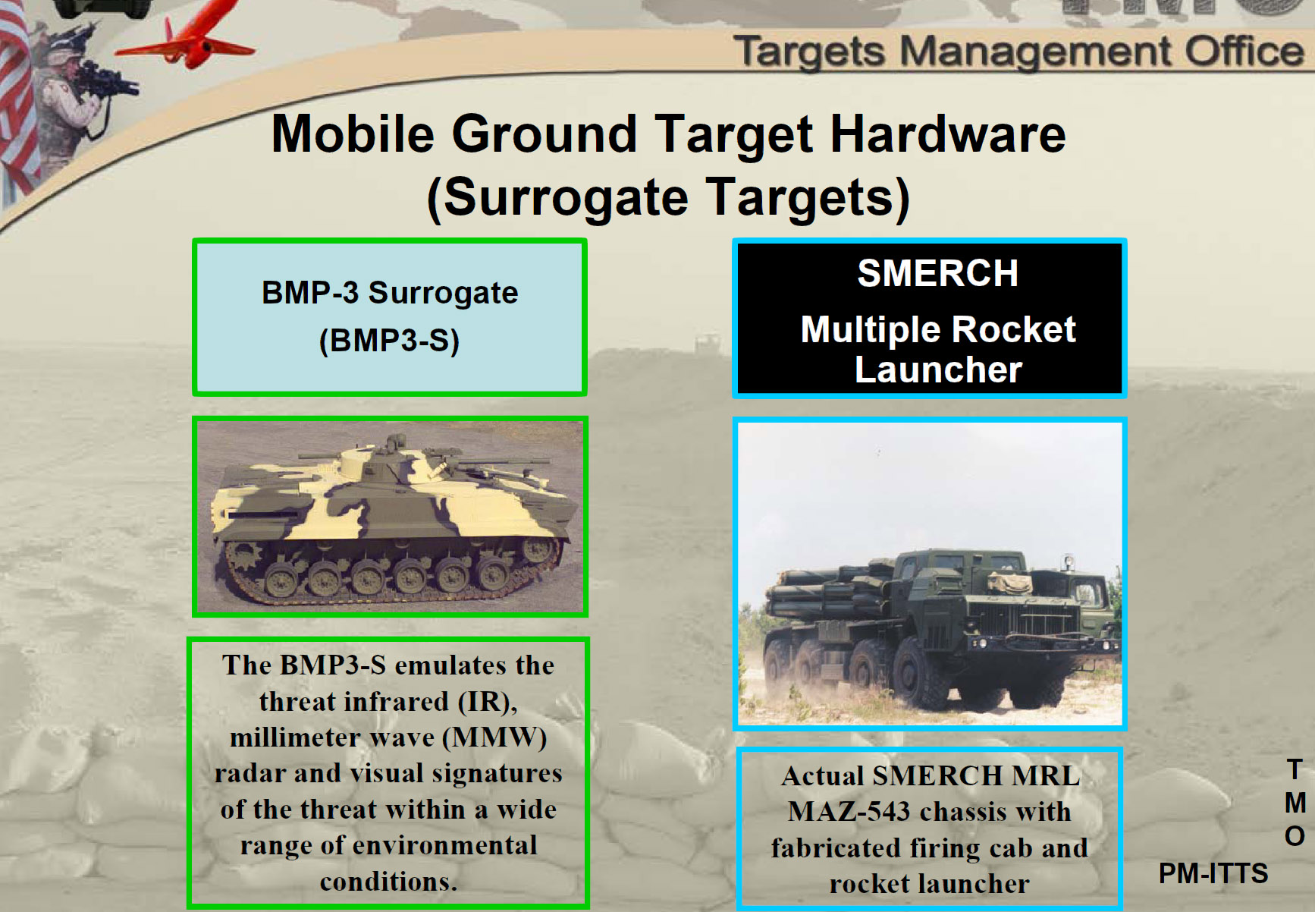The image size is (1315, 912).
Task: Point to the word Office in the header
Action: point(1244,52)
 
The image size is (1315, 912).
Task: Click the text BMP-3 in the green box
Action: point(309,293)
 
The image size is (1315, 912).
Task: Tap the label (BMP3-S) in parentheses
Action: point(389,341)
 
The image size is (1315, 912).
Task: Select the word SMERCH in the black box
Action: point(937,273)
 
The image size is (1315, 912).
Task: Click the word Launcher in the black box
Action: point(938,370)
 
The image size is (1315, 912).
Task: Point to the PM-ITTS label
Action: point(1213,873)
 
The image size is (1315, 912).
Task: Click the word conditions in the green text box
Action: point(388,882)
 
